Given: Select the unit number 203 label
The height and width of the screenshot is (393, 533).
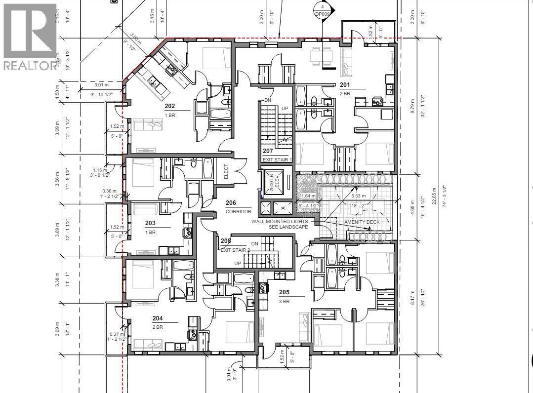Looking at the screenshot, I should pos(150,223).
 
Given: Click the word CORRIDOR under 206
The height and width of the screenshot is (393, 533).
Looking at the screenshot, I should pos(239,211).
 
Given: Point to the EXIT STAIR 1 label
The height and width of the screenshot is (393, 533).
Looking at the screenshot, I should pos(277,159).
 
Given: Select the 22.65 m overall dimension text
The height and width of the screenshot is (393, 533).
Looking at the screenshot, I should pos(434,197).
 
